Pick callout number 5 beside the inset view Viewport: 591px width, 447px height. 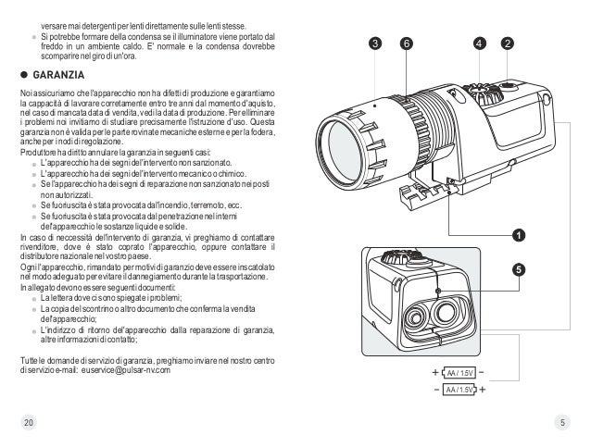click(x=518, y=269)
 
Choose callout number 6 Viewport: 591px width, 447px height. click(x=406, y=43)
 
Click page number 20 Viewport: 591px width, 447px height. click(x=28, y=423)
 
